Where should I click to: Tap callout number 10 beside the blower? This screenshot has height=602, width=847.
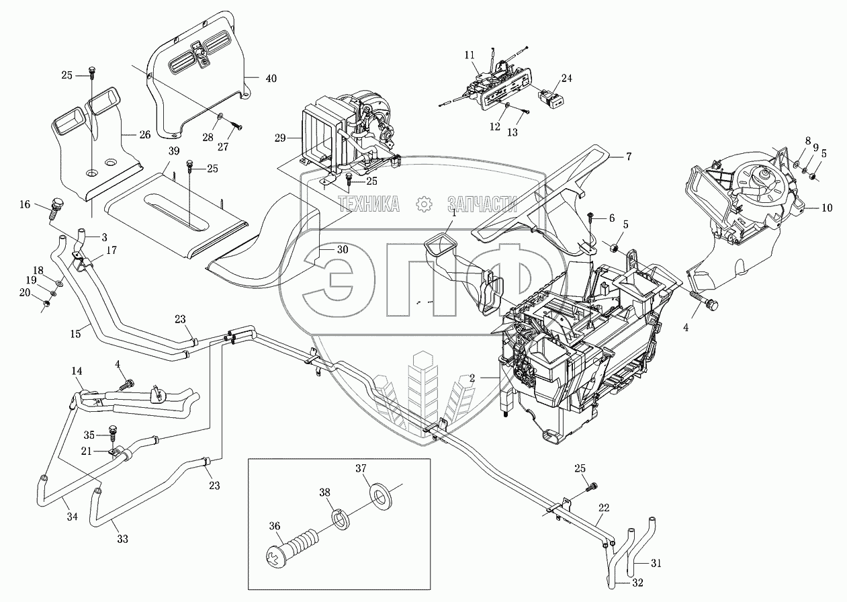point(826,208)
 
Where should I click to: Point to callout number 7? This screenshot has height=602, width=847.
point(628,157)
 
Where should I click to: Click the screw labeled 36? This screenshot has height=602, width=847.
point(299,544)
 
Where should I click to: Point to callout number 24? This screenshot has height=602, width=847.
point(566,79)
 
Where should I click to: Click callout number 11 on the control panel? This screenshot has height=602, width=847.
point(468,54)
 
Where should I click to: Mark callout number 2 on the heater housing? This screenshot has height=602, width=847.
point(472,378)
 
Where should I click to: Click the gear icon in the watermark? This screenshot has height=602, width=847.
point(424,203)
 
